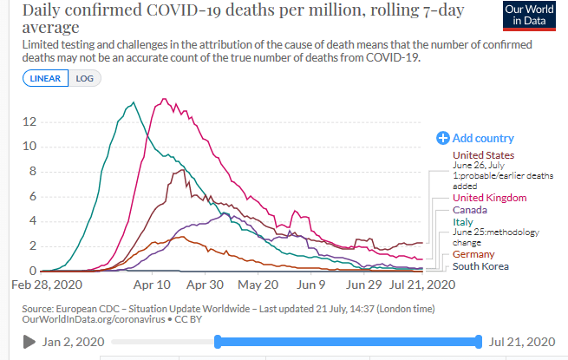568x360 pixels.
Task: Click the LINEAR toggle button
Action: tap(47, 78)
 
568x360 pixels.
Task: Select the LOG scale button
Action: tap(85, 78)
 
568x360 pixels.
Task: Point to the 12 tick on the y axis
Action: tap(29, 121)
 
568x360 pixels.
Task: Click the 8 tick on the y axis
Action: tap(31, 172)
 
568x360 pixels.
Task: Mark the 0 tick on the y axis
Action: tap(31, 271)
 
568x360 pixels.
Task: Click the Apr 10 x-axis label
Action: tap(151, 284)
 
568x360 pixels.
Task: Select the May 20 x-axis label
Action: tap(258, 284)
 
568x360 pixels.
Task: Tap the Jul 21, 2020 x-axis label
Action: tap(422, 284)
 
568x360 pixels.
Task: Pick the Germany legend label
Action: tap(473, 254)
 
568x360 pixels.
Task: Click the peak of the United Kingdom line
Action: tap(165, 99)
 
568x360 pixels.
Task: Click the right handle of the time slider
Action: tap(478, 342)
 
